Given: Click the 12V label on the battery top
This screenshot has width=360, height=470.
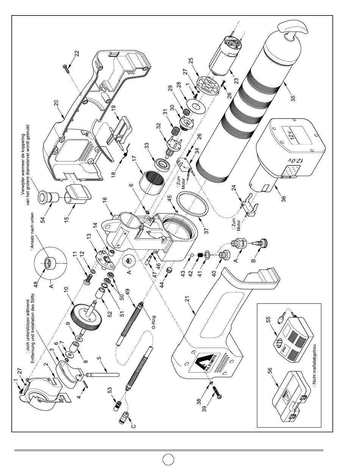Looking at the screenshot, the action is [x=292, y=135].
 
